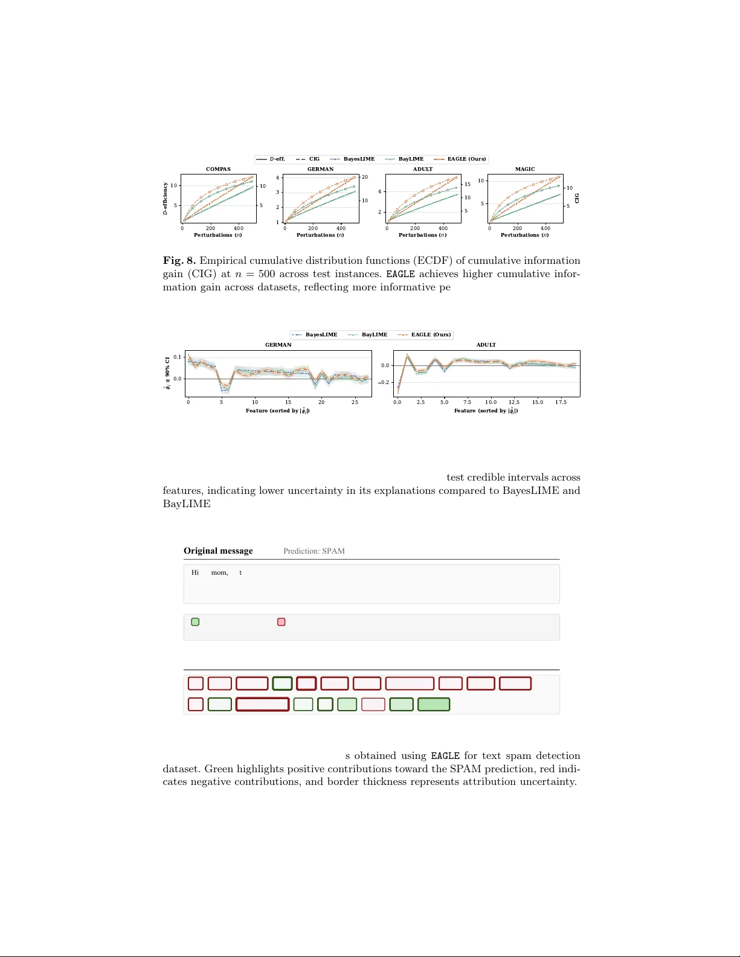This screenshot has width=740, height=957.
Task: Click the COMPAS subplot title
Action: click(218, 169)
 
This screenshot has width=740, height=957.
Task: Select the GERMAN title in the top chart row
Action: click(320, 169)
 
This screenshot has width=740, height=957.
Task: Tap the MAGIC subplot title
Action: click(525, 169)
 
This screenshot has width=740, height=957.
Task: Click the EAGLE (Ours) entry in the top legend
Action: click(466, 159)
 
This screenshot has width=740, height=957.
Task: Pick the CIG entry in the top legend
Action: click(314, 159)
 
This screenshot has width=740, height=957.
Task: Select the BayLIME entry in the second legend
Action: click(374, 334)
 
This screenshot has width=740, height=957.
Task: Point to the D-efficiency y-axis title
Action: click(165, 199)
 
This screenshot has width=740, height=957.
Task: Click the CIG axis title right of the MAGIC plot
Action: click(577, 198)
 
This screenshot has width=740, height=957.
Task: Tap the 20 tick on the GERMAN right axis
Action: click(365, 177)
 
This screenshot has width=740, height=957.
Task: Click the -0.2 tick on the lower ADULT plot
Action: click(384, 382)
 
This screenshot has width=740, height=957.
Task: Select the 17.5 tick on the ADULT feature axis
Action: click(561, 402)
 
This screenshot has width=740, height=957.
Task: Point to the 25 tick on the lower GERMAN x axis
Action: click(355, 402)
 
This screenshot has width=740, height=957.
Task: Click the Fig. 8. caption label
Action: click(179, 261)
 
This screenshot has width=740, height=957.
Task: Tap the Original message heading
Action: click(218, 551)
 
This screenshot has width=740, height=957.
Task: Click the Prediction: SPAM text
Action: click(314, 551)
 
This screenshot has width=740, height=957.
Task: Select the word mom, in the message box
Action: click(219, 572)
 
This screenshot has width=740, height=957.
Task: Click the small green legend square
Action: click(195, 622)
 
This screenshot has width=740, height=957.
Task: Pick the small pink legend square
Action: click(281, 622)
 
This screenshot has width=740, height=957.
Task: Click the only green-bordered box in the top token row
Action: click(282, 683)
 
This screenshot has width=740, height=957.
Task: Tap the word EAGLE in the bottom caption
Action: click(445, 756)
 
